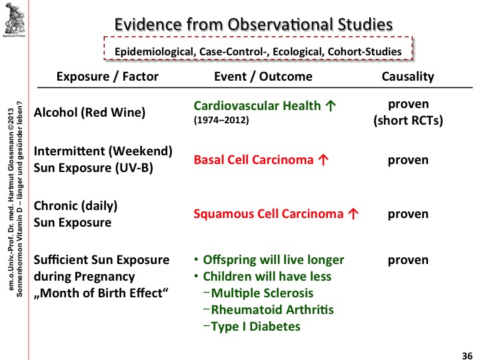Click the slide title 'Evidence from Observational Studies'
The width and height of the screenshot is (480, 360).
pyautogui.click(x=253, y=24)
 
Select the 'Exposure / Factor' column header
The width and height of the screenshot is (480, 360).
pyautogui.click(x=107, y=76)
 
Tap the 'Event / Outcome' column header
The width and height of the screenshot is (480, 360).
pyautogui.click(x=263, y=76)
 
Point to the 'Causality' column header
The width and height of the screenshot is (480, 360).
pyautogui.click(x=407, y=76)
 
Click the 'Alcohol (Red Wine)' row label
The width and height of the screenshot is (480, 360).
pyautogui.click(x=89, y=112)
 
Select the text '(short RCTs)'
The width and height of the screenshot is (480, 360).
pyautogui.click(x=407, y=120)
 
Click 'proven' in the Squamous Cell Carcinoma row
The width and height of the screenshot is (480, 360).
pyautogui.click(x=407, y=214)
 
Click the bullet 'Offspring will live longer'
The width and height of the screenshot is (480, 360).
pyautogui.click(x=273, y=259)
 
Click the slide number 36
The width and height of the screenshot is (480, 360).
pyautogui.click(x=467, y=353)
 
